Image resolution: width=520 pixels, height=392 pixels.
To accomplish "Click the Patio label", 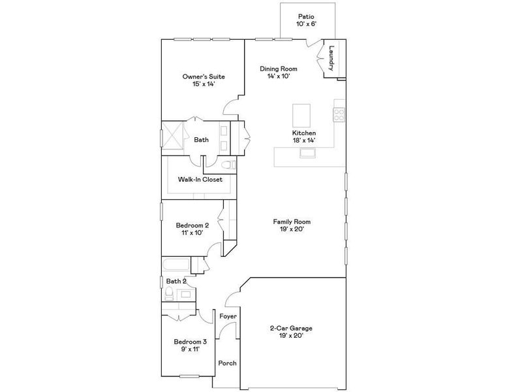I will click(x=306, y=21).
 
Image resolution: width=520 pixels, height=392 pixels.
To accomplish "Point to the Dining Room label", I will click(x=279, y=72).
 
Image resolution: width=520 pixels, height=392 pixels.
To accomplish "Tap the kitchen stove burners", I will click(x=339, y=115).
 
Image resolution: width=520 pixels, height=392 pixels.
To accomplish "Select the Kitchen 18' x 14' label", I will click(x=304, y=137).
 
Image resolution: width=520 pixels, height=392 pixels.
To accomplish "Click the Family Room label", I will click(x=290, y=225).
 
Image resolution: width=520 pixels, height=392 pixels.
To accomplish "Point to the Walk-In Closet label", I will click(x=200, y=180).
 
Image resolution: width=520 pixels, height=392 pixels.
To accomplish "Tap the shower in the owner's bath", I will click(x=174, y=135).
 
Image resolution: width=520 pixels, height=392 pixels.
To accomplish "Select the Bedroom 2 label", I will click(x=192, y=229).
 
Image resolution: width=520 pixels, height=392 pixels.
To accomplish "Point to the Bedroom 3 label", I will click(x=190, y=345).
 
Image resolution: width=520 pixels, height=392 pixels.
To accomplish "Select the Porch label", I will click(x=227, y=363).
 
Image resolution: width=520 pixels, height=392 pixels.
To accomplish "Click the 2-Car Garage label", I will click(x=287, y=331).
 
